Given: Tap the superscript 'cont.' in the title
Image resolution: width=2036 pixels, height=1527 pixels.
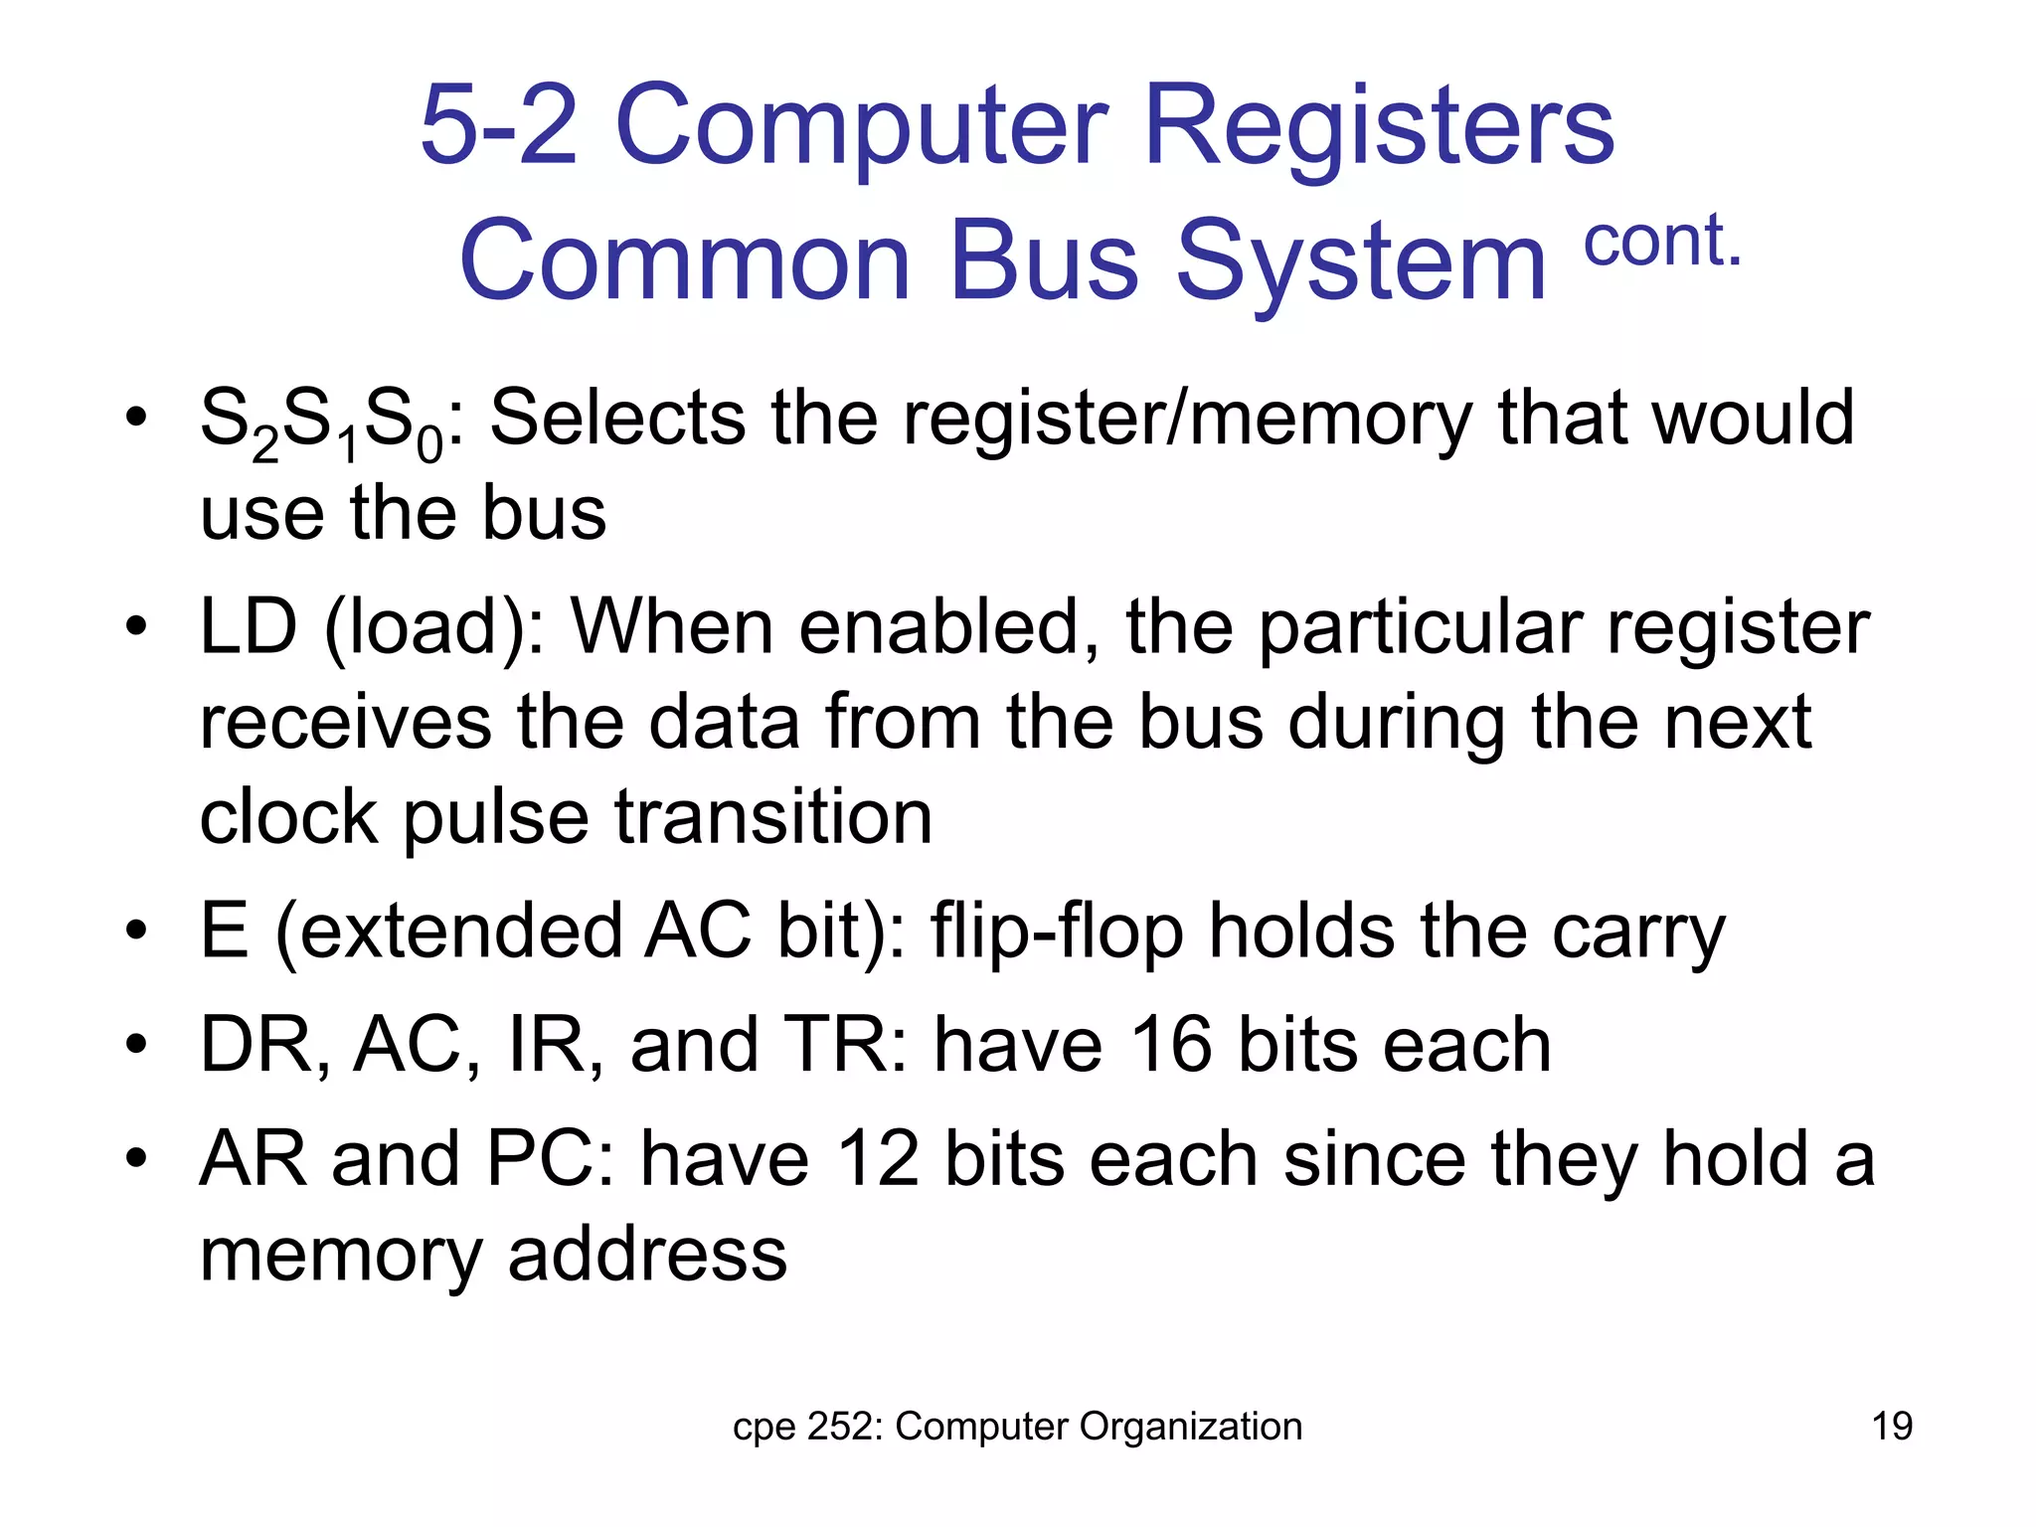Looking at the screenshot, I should click(1662, 241).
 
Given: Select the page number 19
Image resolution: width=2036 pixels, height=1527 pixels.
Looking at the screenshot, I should click(1892, 1427).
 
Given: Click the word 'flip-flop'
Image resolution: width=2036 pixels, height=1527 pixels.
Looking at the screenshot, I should click(1056, 933).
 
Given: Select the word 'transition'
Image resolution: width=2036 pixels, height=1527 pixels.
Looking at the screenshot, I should click(773, 817).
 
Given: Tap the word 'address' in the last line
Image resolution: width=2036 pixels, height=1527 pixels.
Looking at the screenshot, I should click(647, 1255).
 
